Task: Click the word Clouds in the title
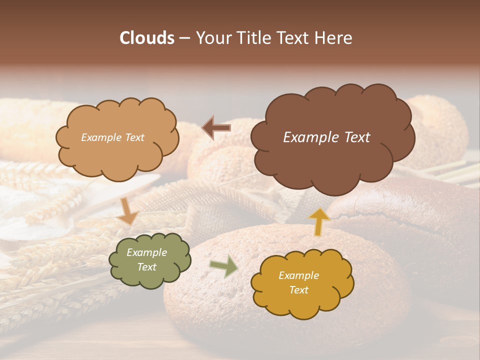pyautogui.click(x=146, y=38)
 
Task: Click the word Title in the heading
pyautogui.click(x=254, y=38)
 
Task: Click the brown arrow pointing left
pyautogui.click(x=216, y=128)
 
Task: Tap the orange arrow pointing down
pyautogui.click(x=128, y=211)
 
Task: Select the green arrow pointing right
pyautogui.click(x=224, y=266)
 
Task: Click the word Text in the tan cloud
pyautogui.click(x=133, y=137)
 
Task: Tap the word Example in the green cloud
pyautogui.click(x=146, y=252)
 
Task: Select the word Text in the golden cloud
pyautogui.click(x=299, y=290)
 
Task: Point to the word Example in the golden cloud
pyautogui.click(x=298, y=275)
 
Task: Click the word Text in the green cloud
pyautogui.click(x=146, y=267)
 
